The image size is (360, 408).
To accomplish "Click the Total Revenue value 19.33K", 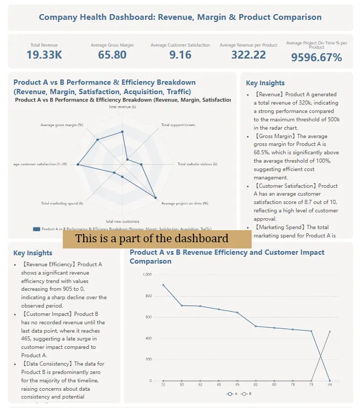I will pyautogui.click(x=44, y=55).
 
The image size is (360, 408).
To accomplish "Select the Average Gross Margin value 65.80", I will pyautogui.click(x=112, y=55).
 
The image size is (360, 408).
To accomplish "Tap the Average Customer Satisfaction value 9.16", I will pyautogui.click(x=181, y=55).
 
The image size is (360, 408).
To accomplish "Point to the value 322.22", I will pyautogui.click(x=249, y=55).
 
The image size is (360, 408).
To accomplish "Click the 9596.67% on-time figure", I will pyautogui.click(x=317, y=58).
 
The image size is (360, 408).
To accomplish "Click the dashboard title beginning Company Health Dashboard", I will pyautogui.click(x=180, y=17).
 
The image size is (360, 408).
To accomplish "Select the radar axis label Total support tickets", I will pyautogui.click(x=178, y=125).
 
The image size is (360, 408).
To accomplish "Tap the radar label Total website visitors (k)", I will pyautogui.click(x=197, y=164).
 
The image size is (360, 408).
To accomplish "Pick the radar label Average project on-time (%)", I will pyautogui.click(x=185, y=203).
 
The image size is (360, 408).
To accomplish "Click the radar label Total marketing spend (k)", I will pyautogui.click(x=62, y=203).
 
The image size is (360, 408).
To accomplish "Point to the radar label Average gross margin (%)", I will pyautogui.click(x=62, y=125).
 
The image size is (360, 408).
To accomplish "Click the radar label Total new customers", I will pyautogui.click(x=122, y=221).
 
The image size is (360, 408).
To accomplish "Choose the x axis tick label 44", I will pyautogui.click(x=330, y=385).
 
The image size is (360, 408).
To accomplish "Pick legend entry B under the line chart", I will pyautogui.click(x=246, y=394).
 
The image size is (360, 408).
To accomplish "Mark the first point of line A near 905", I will pyautogui.click(x=163, y=285).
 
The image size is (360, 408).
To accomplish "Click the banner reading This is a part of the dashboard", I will pyautogui.click(x=157, y=239).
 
